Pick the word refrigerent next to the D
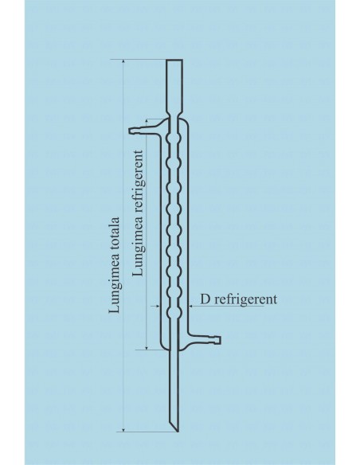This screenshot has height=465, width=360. [x=245, y=299]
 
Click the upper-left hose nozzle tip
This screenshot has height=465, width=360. [x=130, y=131]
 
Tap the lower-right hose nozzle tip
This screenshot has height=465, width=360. [x=220, y=340]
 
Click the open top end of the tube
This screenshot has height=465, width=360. [x=174, y=60]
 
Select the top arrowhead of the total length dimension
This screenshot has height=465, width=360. [x=123, y=61]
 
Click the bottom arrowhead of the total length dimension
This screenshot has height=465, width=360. [x=123, y=429]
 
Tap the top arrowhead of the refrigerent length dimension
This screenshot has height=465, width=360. [x=147, y=122]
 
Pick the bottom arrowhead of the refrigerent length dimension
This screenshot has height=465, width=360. [x=147, y=346]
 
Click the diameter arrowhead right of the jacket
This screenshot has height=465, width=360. [x=191, y=306]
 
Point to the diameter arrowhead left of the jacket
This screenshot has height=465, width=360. [x=157, y=306]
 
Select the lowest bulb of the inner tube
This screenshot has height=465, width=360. [x=174, y=312]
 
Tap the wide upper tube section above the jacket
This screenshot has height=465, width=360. [x=174, y=86]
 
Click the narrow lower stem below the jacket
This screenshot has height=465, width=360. [x=175, y=385]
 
